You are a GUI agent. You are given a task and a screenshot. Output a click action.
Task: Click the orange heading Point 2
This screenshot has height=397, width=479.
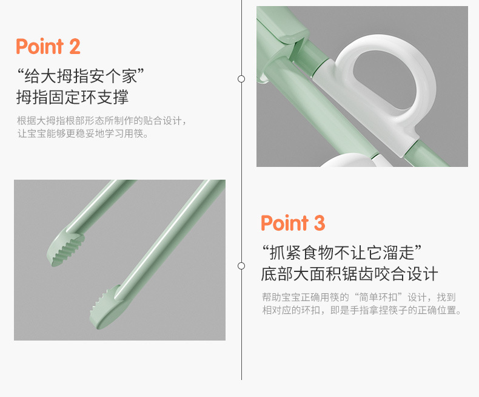click(x=48, y=47)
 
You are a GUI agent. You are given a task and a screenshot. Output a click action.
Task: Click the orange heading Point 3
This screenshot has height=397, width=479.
click(x=293, y=223)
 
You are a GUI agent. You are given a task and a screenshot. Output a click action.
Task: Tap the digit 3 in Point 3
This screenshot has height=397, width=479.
click(x=319, y=223)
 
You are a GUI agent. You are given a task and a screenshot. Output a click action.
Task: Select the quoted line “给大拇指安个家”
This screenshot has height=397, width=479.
click(x=81, y=75)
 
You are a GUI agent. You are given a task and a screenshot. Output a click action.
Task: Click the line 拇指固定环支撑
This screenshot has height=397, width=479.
click(x=73, y=97)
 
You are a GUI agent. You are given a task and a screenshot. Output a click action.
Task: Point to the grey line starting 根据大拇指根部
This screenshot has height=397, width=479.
click(x=102, y=121)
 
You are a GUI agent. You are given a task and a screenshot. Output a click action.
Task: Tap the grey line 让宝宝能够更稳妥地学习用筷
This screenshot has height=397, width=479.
click(x=83, y=134)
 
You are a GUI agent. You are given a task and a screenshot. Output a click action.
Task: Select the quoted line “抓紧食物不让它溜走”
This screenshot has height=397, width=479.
click(x=342, y=253)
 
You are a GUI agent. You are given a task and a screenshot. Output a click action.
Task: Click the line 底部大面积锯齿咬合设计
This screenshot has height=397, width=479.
click(x=350, y=274)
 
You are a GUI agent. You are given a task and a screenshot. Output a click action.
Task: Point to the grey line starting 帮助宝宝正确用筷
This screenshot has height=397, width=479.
click(x=359, y=297)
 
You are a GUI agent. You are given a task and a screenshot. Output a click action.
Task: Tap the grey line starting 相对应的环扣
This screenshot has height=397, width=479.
click(x=362, y=310)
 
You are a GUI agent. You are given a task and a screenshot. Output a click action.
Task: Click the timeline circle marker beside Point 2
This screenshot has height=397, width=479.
click(x=241, y=79)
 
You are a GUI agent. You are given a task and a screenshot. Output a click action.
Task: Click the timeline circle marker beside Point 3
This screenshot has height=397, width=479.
click(x=241, y=266)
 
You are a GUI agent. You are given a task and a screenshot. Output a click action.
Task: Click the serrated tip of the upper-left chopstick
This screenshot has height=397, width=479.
click(x=65, y=249)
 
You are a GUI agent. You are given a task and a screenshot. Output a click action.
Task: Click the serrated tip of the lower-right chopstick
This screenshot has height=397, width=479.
click(x=106, y=307)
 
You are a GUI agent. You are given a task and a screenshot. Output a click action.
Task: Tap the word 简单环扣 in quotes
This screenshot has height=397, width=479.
click(x=378, y=297)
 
